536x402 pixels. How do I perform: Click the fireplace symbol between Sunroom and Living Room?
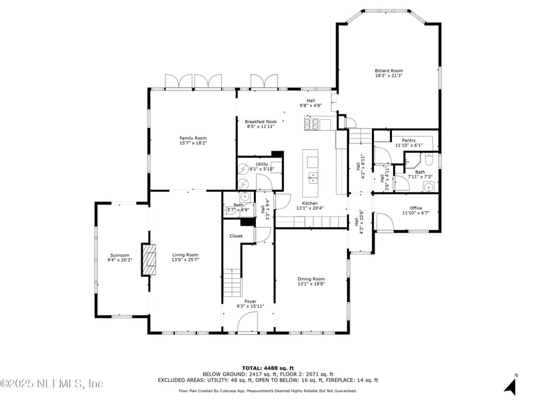tap(149, 259)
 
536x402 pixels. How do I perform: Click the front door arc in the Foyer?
tap(247, 324)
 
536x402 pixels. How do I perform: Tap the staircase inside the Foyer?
tap(232, 282)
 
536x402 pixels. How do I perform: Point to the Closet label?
tap(236, 236)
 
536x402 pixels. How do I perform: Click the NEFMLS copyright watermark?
tap(52, 384)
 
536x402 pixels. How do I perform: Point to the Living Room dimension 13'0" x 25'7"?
tap(185, 259)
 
